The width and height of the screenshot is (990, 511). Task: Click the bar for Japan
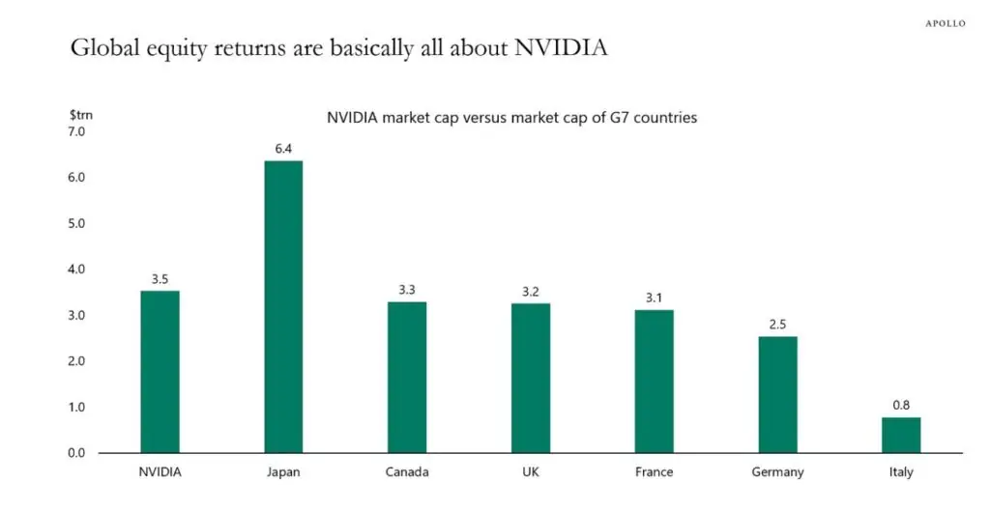pos(283,306)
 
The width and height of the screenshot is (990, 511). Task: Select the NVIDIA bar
pos(160,372)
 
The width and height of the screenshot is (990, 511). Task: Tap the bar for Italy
pos(901,435)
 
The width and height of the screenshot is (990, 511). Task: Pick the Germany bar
pos(777,394)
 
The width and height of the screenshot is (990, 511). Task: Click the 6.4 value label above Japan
pos(283,150)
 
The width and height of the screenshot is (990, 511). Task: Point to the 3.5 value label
pos(160,280)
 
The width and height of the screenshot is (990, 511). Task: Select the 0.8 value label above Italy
pos(901,407)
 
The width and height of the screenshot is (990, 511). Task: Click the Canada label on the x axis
pos(407,472)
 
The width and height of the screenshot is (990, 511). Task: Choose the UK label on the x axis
pos(531,472)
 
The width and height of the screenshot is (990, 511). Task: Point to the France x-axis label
pos(654,472)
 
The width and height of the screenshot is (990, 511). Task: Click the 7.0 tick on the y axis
pos(76,131)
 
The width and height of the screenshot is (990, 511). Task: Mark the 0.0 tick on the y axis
pos(76,453)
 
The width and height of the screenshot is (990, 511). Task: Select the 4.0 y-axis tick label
pos(76,270)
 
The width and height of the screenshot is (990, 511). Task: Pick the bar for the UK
pos(531,378)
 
